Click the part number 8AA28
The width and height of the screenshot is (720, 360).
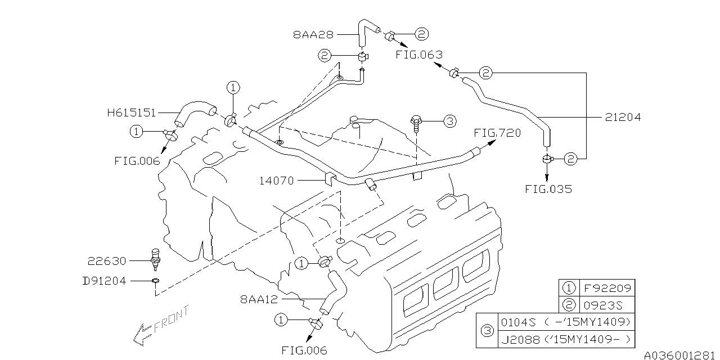coord(313,34)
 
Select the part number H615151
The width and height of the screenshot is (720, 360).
coord(131,112)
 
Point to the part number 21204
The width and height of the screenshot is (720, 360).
coord(623,118)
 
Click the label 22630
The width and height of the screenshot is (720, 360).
coord(107,261)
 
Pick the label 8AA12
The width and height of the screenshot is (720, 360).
coord(259,300)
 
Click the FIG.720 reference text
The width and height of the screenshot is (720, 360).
coord(497,133)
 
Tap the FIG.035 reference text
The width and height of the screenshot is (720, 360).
coord(548,189)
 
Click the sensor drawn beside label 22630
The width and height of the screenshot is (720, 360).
coord(155,259)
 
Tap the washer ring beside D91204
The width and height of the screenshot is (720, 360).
coord(155,280)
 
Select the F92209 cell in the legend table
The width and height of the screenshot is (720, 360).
coord(607,289)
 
